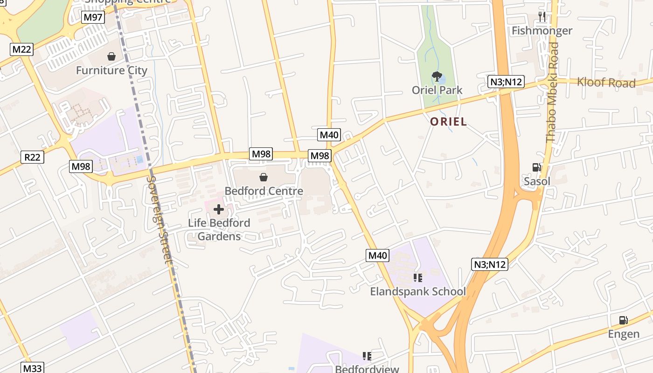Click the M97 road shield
(x=93, y=18)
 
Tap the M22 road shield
(x=22, y=49)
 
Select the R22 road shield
(x=33, y=157)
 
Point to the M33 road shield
(x=33, y=368)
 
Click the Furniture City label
(x=111, y=70)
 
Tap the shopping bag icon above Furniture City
(x=111, y=56)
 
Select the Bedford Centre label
(x=264, y=191)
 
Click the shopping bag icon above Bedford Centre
(x=264, y=177)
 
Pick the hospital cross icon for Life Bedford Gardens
(x=218, y=209)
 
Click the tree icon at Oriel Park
(x=437, y=76)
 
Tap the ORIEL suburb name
(x=448, y=122)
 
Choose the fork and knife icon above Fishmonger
(x=542, y=17)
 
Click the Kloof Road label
(x=606, y=83)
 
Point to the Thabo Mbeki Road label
(x=553, y=92)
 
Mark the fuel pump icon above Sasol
(x=537, y=167)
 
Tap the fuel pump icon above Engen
(x=623, y=320)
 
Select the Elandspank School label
(x=418, y=291)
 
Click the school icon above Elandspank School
(x=418, y=278)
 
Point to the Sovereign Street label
(x=160, y=220)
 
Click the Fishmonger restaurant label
(x=542, y=31)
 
